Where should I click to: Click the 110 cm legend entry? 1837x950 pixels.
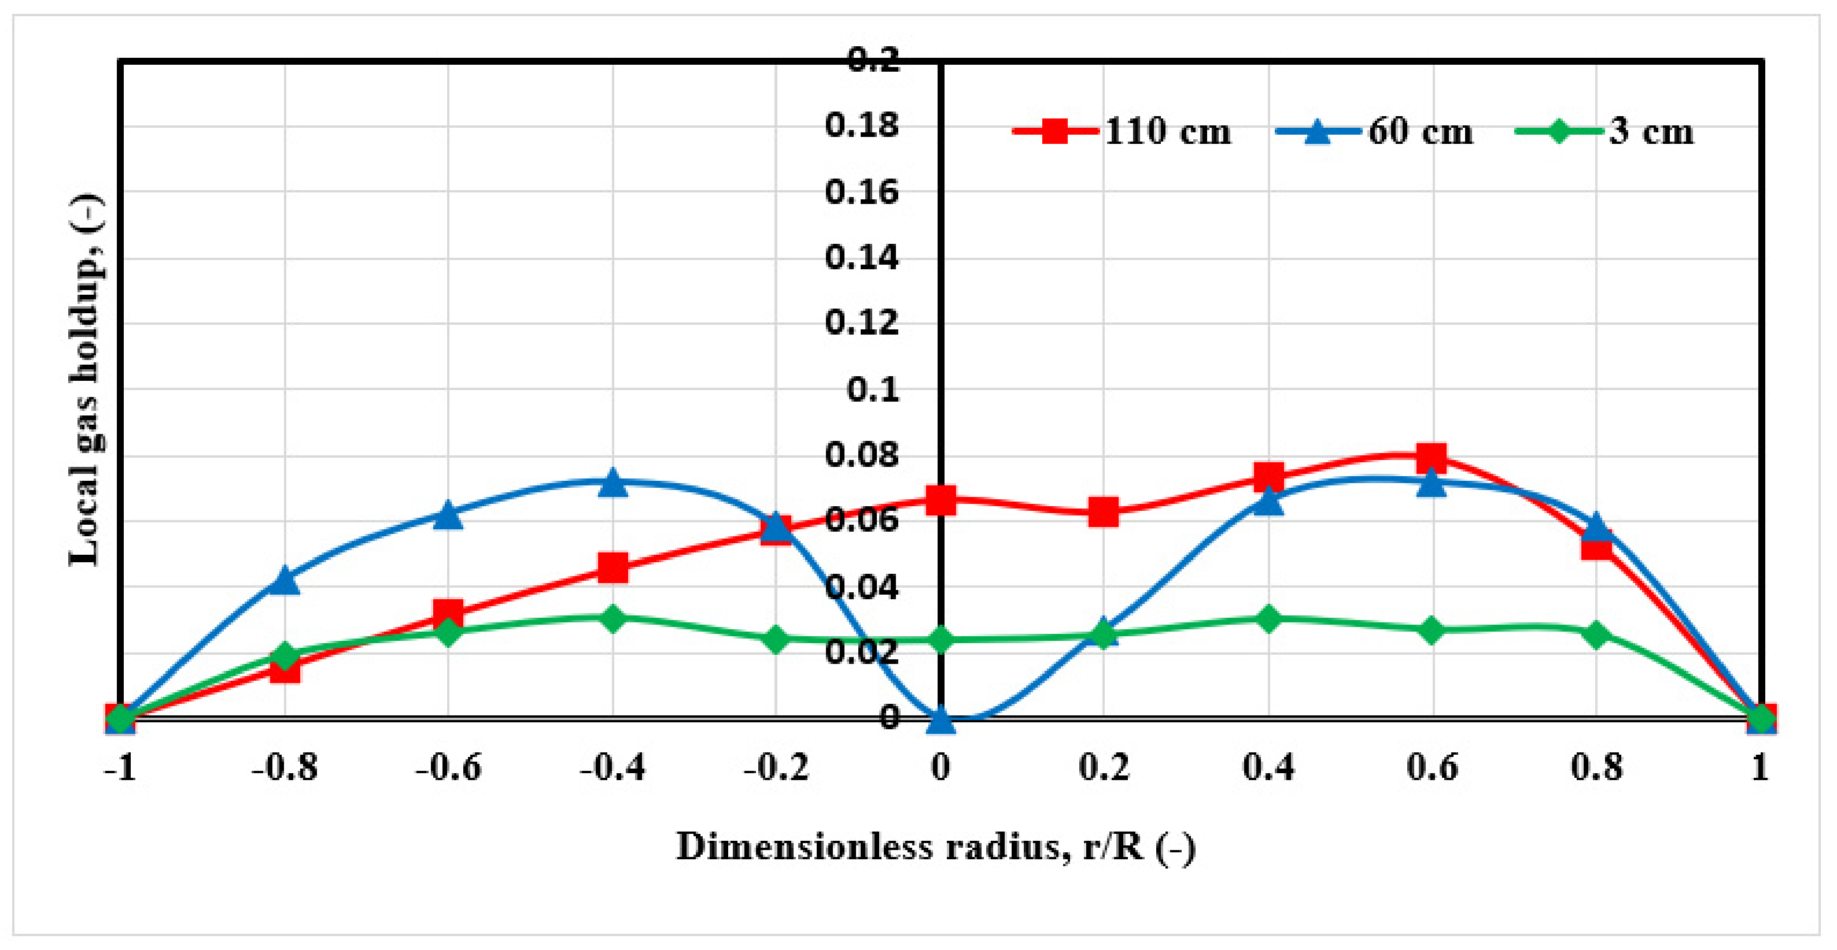(1123, 132)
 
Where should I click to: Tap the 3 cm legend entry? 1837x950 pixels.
(1604, 132)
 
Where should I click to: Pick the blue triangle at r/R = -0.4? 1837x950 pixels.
(613, 483)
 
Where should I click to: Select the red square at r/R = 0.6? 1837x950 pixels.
(1432, 458)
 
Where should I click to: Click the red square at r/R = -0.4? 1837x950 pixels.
(613, 568)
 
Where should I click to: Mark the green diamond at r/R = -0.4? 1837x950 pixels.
(613, 617)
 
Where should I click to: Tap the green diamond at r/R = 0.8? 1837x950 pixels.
(1596, 633)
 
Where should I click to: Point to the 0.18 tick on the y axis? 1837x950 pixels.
(861, 126)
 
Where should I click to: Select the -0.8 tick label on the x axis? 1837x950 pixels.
(285, 767)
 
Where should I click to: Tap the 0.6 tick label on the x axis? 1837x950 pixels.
(1432, 767)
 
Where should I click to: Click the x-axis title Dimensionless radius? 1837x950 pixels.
(935, 847)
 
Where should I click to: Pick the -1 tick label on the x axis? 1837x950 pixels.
(120, 767)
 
